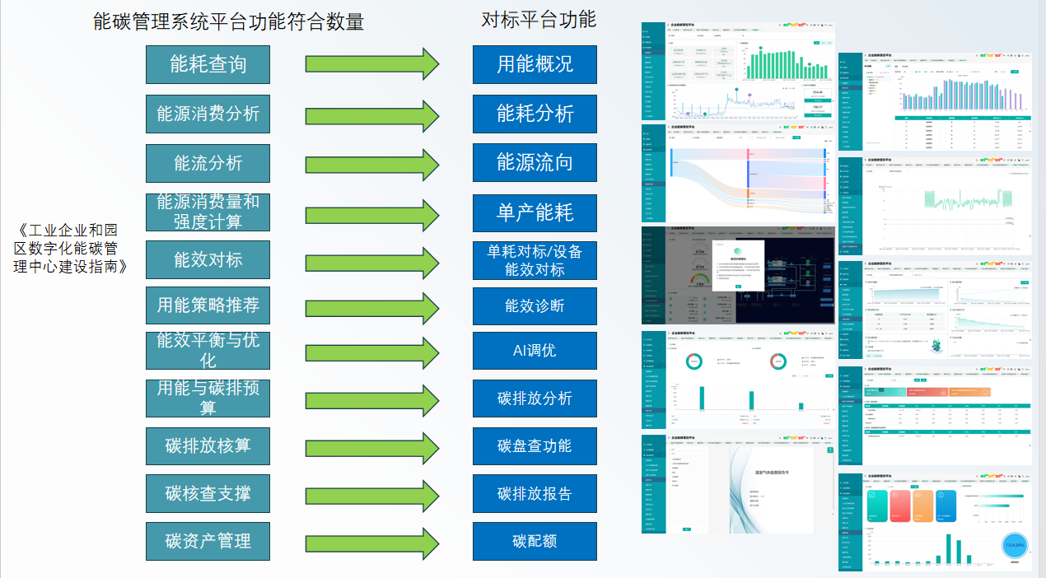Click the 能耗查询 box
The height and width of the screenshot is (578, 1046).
pyautogui.click(x=208, y=64)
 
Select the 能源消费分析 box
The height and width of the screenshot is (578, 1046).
pyautogui.click(x=208, y=114)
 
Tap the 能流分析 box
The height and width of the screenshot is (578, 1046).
pyautogui.click(x=208, y=163)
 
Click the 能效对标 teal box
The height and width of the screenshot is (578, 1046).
pyautogui.click(x=208, y=259)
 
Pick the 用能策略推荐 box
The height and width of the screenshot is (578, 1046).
pyautogui.click(x=208, y=305)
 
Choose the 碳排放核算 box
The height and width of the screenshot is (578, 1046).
pyautogui.click(x=208, y=445)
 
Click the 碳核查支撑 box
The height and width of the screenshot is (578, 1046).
pyautogui.click(x=208, y=493)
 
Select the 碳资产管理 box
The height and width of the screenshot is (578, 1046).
pyautogui.click(x=208, y=541)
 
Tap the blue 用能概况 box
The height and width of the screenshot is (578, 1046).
pyautogui.click(x=535, y=64)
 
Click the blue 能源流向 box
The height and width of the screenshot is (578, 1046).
pyautogui.click(x=535, y=162)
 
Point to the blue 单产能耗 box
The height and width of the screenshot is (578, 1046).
pyautogui.click(x=535, y=213)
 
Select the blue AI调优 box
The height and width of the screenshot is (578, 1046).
pyautogui.click(x=535, y=350)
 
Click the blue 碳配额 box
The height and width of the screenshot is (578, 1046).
pyautogui.click(x=535, y=541)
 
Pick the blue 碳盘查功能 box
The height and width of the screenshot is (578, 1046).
pyautogui.click(x=535, y=445)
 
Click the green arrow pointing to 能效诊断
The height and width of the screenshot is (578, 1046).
pyautogui.click(x=372, y=305)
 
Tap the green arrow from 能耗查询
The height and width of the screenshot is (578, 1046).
pyautogui.click(x=372, y=64)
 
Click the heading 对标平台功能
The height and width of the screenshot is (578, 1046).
pyautogui.click(x=538, y=19)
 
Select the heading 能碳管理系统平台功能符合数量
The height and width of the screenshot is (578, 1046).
pyautogui.click(x=228, y=21)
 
